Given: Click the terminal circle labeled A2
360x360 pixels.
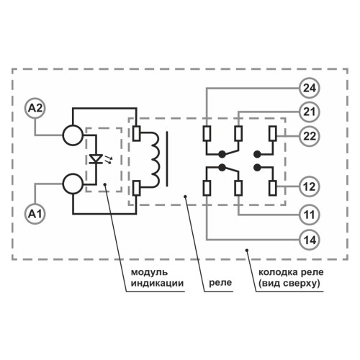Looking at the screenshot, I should [35, 108].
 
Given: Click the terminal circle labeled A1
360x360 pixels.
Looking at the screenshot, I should [35, 213].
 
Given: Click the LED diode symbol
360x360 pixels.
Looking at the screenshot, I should [99, 158].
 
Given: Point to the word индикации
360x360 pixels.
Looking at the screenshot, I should [153, 284].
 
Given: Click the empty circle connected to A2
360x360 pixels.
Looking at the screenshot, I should [73, 135].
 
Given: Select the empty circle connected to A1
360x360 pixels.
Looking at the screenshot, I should [73, 184].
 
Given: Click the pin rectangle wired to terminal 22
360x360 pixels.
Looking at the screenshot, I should [271, 134].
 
